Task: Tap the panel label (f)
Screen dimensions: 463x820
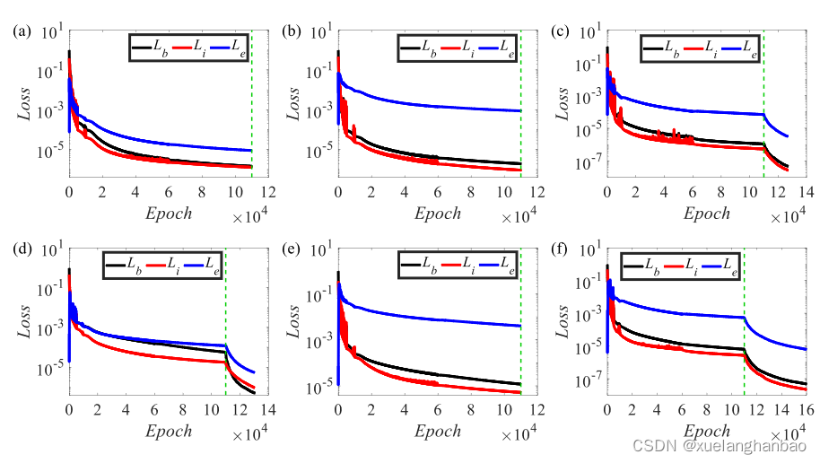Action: [x=558, y=250]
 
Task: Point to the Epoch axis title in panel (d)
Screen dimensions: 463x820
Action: [x=163, y=430]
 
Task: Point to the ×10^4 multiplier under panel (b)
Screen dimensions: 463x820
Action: [x=519, y=215]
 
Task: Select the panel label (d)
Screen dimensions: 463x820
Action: [x=20, y=250]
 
